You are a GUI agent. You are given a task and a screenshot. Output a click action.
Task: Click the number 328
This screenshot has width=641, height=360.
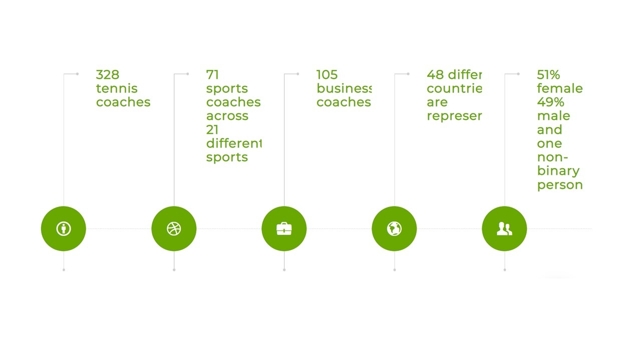[108, 75]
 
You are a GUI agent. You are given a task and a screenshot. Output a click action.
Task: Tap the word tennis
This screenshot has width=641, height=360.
[117, 88]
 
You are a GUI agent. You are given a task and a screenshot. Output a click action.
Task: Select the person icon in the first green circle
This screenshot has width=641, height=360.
[64, 228]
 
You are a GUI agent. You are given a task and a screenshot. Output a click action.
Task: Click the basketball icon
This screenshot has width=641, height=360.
[174, 228]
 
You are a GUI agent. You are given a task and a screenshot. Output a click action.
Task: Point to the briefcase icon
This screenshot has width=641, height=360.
[284, 229]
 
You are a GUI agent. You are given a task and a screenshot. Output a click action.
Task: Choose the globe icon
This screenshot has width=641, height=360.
[394, 228]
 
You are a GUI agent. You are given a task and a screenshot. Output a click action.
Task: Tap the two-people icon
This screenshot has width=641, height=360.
[504, 229]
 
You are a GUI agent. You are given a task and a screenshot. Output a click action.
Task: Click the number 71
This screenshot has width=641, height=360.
[212, 75]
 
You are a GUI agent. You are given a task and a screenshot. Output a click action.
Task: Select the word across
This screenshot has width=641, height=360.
[227, 116]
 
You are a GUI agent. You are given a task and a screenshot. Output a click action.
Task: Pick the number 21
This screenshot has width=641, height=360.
[212, 130]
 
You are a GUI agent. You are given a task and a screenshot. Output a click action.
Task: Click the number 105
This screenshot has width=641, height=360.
[327, 75]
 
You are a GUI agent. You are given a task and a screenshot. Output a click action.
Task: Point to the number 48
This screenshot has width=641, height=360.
[435, 75]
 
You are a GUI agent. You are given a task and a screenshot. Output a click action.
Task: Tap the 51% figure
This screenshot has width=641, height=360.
[548, 75]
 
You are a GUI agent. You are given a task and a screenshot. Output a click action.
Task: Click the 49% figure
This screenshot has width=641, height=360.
[550, 102]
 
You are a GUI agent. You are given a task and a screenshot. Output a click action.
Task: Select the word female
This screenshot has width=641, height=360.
[560, 88]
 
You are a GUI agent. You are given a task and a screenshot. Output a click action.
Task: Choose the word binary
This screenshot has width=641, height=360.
[558, 171]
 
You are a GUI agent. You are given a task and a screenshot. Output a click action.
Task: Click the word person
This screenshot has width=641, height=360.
[560, 185]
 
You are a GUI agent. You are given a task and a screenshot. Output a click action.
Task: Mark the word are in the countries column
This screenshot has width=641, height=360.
[437, 102]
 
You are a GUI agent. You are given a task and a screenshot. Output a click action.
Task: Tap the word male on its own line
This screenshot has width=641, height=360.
[553, 116]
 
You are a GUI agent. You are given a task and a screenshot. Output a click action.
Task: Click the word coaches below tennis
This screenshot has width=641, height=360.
[123, 102]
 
